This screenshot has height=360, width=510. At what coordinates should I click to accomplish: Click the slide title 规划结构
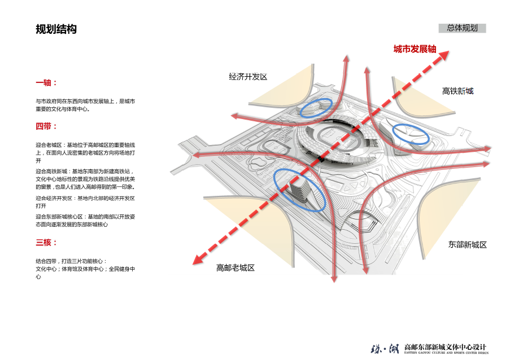coord(56,29)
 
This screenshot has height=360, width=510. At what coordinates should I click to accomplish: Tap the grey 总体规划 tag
coord(462,28)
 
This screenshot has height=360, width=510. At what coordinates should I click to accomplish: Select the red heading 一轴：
coord(46,82)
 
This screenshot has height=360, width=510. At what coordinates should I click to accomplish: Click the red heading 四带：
coord(46,126)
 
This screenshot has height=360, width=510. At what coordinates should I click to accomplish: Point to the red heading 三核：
coord(46,243)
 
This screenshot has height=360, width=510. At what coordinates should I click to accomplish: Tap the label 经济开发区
coord(247,77)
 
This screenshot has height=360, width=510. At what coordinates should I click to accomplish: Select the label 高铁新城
coord(457,91)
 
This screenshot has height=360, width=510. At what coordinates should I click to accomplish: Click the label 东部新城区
coord(467,245)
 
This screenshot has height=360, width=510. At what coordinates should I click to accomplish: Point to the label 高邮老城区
coord(236,267)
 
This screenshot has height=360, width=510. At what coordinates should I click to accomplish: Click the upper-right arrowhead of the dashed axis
coord(443,55)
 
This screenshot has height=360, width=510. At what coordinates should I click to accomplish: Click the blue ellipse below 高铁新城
coord(411,133)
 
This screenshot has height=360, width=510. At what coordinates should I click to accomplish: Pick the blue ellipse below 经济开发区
coord(316,107)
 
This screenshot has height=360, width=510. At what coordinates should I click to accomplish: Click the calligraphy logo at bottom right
coord(383,348)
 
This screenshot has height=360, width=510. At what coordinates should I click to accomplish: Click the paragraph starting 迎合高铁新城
coord(85,178)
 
